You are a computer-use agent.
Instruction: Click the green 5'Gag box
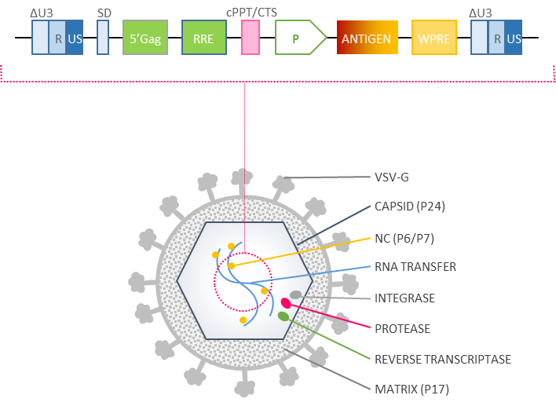pos(145,38)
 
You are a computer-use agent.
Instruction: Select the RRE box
pos(204,38)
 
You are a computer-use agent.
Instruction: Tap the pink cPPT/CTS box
pos(251,38)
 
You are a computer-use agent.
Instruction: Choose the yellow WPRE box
pos(433,38)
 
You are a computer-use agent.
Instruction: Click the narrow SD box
pos(103,38)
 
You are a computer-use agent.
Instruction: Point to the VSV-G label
pos(392,177)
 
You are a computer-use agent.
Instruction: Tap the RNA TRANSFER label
pos(415,267)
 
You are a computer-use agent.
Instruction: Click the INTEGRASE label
pos(404,298)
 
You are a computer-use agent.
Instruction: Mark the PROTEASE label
pos(402,328)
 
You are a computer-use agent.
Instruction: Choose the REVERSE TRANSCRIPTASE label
pos(442,359)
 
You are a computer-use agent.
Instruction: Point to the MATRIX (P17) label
pos(412,389)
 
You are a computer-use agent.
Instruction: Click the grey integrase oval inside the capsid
pos(295,295)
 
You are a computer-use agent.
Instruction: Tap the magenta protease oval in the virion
pos(286,303)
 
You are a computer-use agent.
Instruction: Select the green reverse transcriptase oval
pos(283,316)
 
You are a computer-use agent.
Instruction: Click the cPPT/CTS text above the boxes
pos(251,13)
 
